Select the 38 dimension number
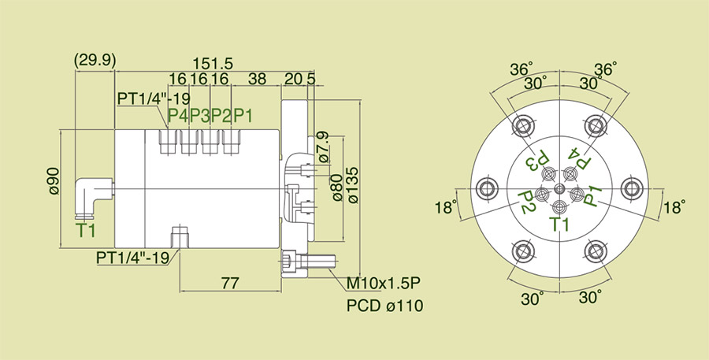tap(257, 80)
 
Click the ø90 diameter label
tap(53, 180)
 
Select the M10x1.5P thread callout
tap(384, 283)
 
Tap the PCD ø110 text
tap(384, 305)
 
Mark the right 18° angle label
tap(674, 207)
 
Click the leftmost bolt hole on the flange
tap(483, 187)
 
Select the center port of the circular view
tap(559, 189)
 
